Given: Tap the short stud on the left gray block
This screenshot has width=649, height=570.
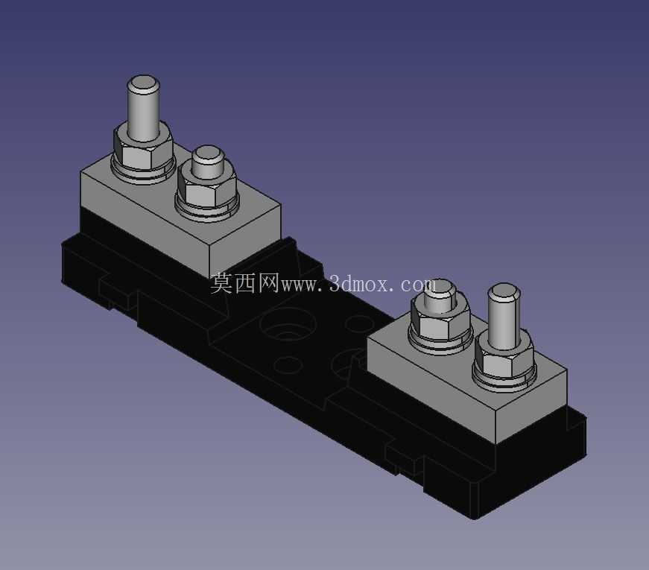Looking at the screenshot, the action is pyautogui.click(x=207, y=162).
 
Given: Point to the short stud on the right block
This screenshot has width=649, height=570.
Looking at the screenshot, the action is pyautogui.click(x=440, y=297).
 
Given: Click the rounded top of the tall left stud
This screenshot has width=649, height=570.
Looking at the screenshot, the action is pyautogui.click(x=143, y=82).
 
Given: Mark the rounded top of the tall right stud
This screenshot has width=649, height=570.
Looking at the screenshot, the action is pyautogui.click(x=504, y=291).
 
